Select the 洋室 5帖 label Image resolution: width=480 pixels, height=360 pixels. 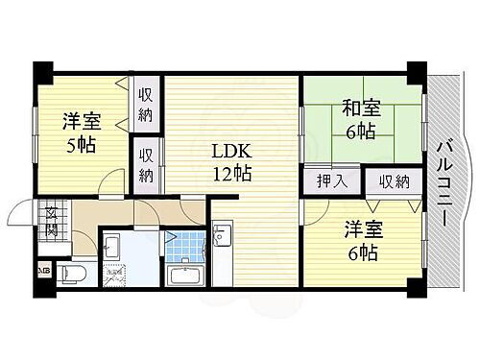coord(79,132)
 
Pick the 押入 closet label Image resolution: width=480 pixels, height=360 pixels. coord(319,180)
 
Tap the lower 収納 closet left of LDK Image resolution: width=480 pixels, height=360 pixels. coord(145,164)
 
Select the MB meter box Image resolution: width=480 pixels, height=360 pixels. coord(43,272)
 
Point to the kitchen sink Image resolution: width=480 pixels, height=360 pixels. coord(224,236)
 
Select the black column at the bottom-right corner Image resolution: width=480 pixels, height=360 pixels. coord(415,288)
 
